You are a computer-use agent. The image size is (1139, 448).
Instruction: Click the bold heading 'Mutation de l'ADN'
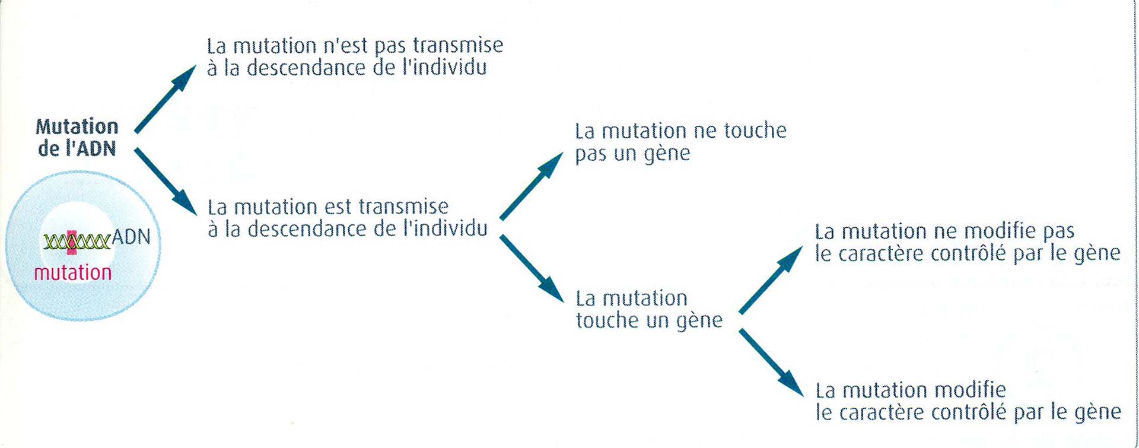(x=77, y=137)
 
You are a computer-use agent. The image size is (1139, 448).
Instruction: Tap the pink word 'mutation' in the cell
(x=73, y=273)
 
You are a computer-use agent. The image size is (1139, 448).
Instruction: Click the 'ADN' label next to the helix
(x=131, y=237)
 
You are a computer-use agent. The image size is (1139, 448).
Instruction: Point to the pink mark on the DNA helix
(x=72, y=242)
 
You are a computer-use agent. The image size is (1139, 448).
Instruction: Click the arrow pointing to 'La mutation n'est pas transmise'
(x=166, y=99)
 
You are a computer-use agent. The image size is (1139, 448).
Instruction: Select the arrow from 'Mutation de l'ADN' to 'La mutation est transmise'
(x=166, y=181)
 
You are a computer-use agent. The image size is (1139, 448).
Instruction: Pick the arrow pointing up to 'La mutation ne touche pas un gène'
(x=531, y=186)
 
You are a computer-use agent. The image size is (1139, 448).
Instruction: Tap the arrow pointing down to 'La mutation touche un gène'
(x=531, y=268)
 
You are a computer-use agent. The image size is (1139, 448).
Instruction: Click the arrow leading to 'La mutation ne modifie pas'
(x=771, y=280)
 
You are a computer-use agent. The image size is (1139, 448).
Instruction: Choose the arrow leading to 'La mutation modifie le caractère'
(x=771, y=362)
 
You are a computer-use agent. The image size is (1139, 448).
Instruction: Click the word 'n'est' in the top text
(x=345, y=46)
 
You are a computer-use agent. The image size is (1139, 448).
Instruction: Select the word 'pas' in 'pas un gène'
(x=591, y=154)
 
